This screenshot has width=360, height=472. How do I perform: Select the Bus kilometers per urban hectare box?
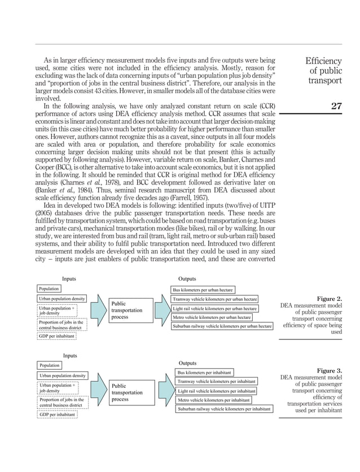click(203, 289)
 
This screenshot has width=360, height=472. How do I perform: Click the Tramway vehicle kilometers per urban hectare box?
click(214, 299)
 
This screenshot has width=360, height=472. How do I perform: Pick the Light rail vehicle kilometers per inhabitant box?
click(216, 391)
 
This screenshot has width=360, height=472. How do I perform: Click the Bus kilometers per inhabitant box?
click(204, 373)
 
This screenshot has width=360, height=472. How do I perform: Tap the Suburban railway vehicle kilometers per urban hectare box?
click(222, 326)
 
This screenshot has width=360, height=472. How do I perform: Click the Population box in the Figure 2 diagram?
click(49, 289)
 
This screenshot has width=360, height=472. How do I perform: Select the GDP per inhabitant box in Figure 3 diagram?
click(58, 414)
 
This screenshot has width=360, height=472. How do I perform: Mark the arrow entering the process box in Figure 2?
click(96, 310)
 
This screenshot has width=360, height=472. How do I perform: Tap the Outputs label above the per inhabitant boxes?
click(187, 363)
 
